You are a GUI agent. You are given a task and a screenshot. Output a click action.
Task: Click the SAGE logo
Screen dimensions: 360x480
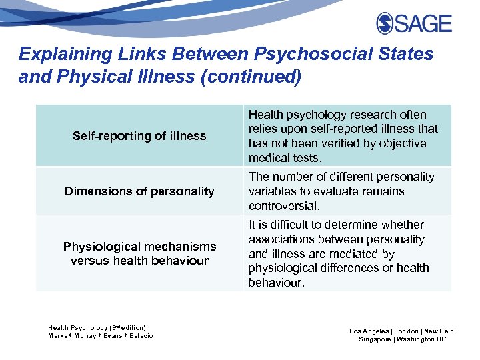[413, 24]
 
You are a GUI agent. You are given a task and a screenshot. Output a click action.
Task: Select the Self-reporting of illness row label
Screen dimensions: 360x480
[139, 136]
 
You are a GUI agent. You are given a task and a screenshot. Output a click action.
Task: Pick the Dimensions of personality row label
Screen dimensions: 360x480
[139, 191]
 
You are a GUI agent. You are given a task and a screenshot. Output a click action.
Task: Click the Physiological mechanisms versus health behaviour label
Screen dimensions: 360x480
[139, 254]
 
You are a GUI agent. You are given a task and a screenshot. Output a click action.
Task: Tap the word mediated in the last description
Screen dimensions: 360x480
[353, 254]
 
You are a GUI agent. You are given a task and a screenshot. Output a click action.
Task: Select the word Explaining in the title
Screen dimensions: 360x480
[53, 54]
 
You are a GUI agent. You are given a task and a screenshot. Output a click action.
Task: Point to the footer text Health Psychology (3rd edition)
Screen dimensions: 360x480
[97, 328]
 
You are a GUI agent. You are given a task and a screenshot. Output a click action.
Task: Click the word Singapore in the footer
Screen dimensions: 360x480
[376, 339]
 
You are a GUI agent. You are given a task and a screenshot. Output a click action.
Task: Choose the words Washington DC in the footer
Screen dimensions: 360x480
[423, 339]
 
